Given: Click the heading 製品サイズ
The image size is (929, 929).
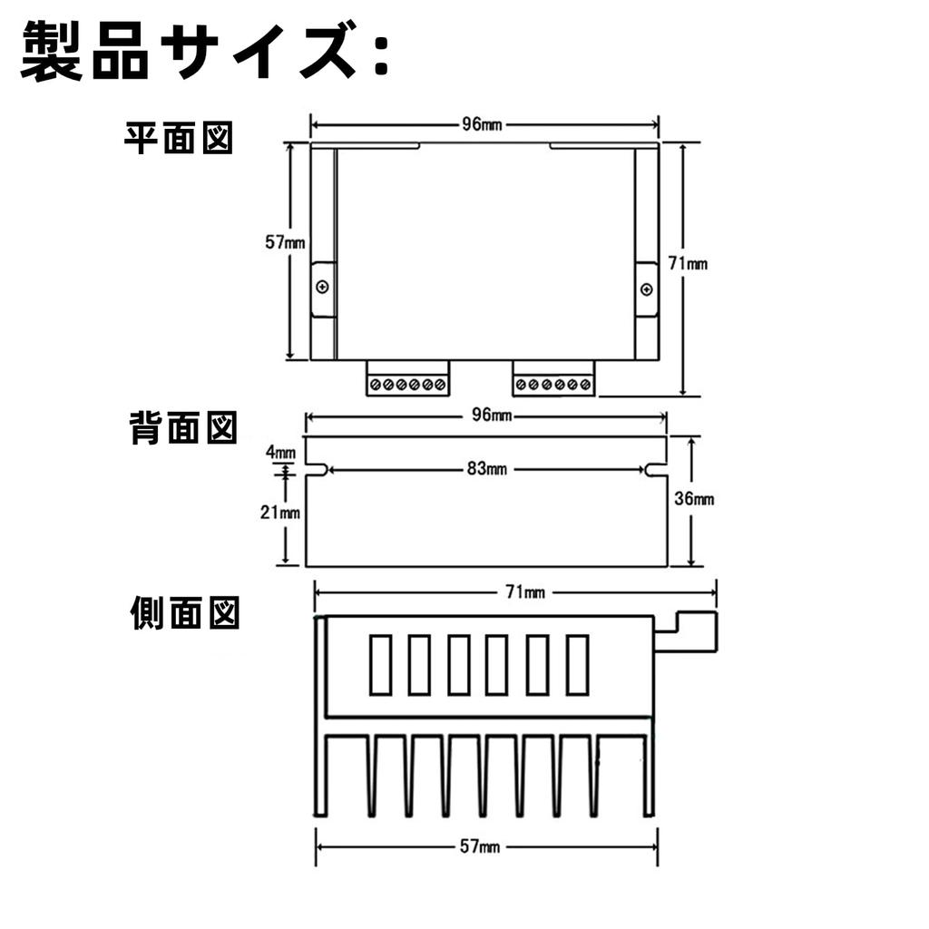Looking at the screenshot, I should [204, 52].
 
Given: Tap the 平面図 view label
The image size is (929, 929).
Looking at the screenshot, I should [179, 139].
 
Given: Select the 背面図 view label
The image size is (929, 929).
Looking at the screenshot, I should [183, 428].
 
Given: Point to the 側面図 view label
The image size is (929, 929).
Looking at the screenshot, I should [184, 614].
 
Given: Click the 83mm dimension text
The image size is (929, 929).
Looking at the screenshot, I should [487, 469].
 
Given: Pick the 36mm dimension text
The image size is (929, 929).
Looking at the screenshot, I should [694, 498].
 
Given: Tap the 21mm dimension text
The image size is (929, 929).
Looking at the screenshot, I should [279, 512].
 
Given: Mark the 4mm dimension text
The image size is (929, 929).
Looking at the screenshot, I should [280, 452].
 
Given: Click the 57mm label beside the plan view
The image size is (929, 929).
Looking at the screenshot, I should [285, 243].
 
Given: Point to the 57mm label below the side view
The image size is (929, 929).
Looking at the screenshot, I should [480, 846].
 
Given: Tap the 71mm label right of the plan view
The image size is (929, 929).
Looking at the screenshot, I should [688, 264].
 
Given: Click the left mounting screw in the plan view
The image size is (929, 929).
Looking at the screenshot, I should [323, 288].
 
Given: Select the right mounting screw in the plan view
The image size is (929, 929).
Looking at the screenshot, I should [646, 289].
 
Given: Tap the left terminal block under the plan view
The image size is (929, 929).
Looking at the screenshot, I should [408, 378].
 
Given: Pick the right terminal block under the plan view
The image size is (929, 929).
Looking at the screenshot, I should [553, 378].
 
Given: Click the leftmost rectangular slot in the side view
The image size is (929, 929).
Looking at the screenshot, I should [381, 664].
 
